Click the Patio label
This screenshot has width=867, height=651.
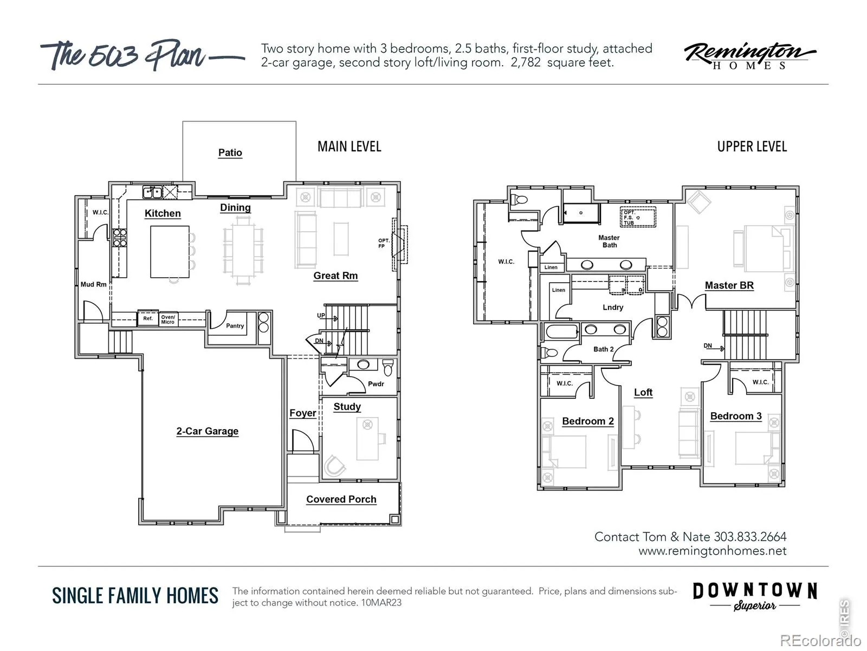tap(230, 152)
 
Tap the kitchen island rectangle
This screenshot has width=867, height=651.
tap(170, 252)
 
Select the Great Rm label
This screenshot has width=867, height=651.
tap(335, 276)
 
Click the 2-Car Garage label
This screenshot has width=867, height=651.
tap(208, 431)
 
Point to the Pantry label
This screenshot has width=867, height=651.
tap(235, 325)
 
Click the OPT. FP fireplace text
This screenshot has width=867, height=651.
tap(384, 243)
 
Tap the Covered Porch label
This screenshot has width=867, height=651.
tap(341, 499)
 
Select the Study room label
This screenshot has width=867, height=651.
tap(347, 407)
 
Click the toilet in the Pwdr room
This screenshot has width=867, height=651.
tap(388, 367)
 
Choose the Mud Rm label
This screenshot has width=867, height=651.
tap(94, 284)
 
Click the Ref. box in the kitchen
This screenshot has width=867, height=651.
tap(148, 318)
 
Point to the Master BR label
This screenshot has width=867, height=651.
tap(729, 285)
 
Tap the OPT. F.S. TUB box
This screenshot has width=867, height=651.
tap(637, 218)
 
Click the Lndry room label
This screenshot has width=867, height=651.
tap(613, 307)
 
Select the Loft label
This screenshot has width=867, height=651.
tap(643, 392)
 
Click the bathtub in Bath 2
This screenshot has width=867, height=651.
tap(562, 331)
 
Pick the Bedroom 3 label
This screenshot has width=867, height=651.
tap(736, 416)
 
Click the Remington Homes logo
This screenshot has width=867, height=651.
tap(749, 56)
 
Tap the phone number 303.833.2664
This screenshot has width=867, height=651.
tap(750, 537)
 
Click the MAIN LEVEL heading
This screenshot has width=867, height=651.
tap(349, 146)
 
